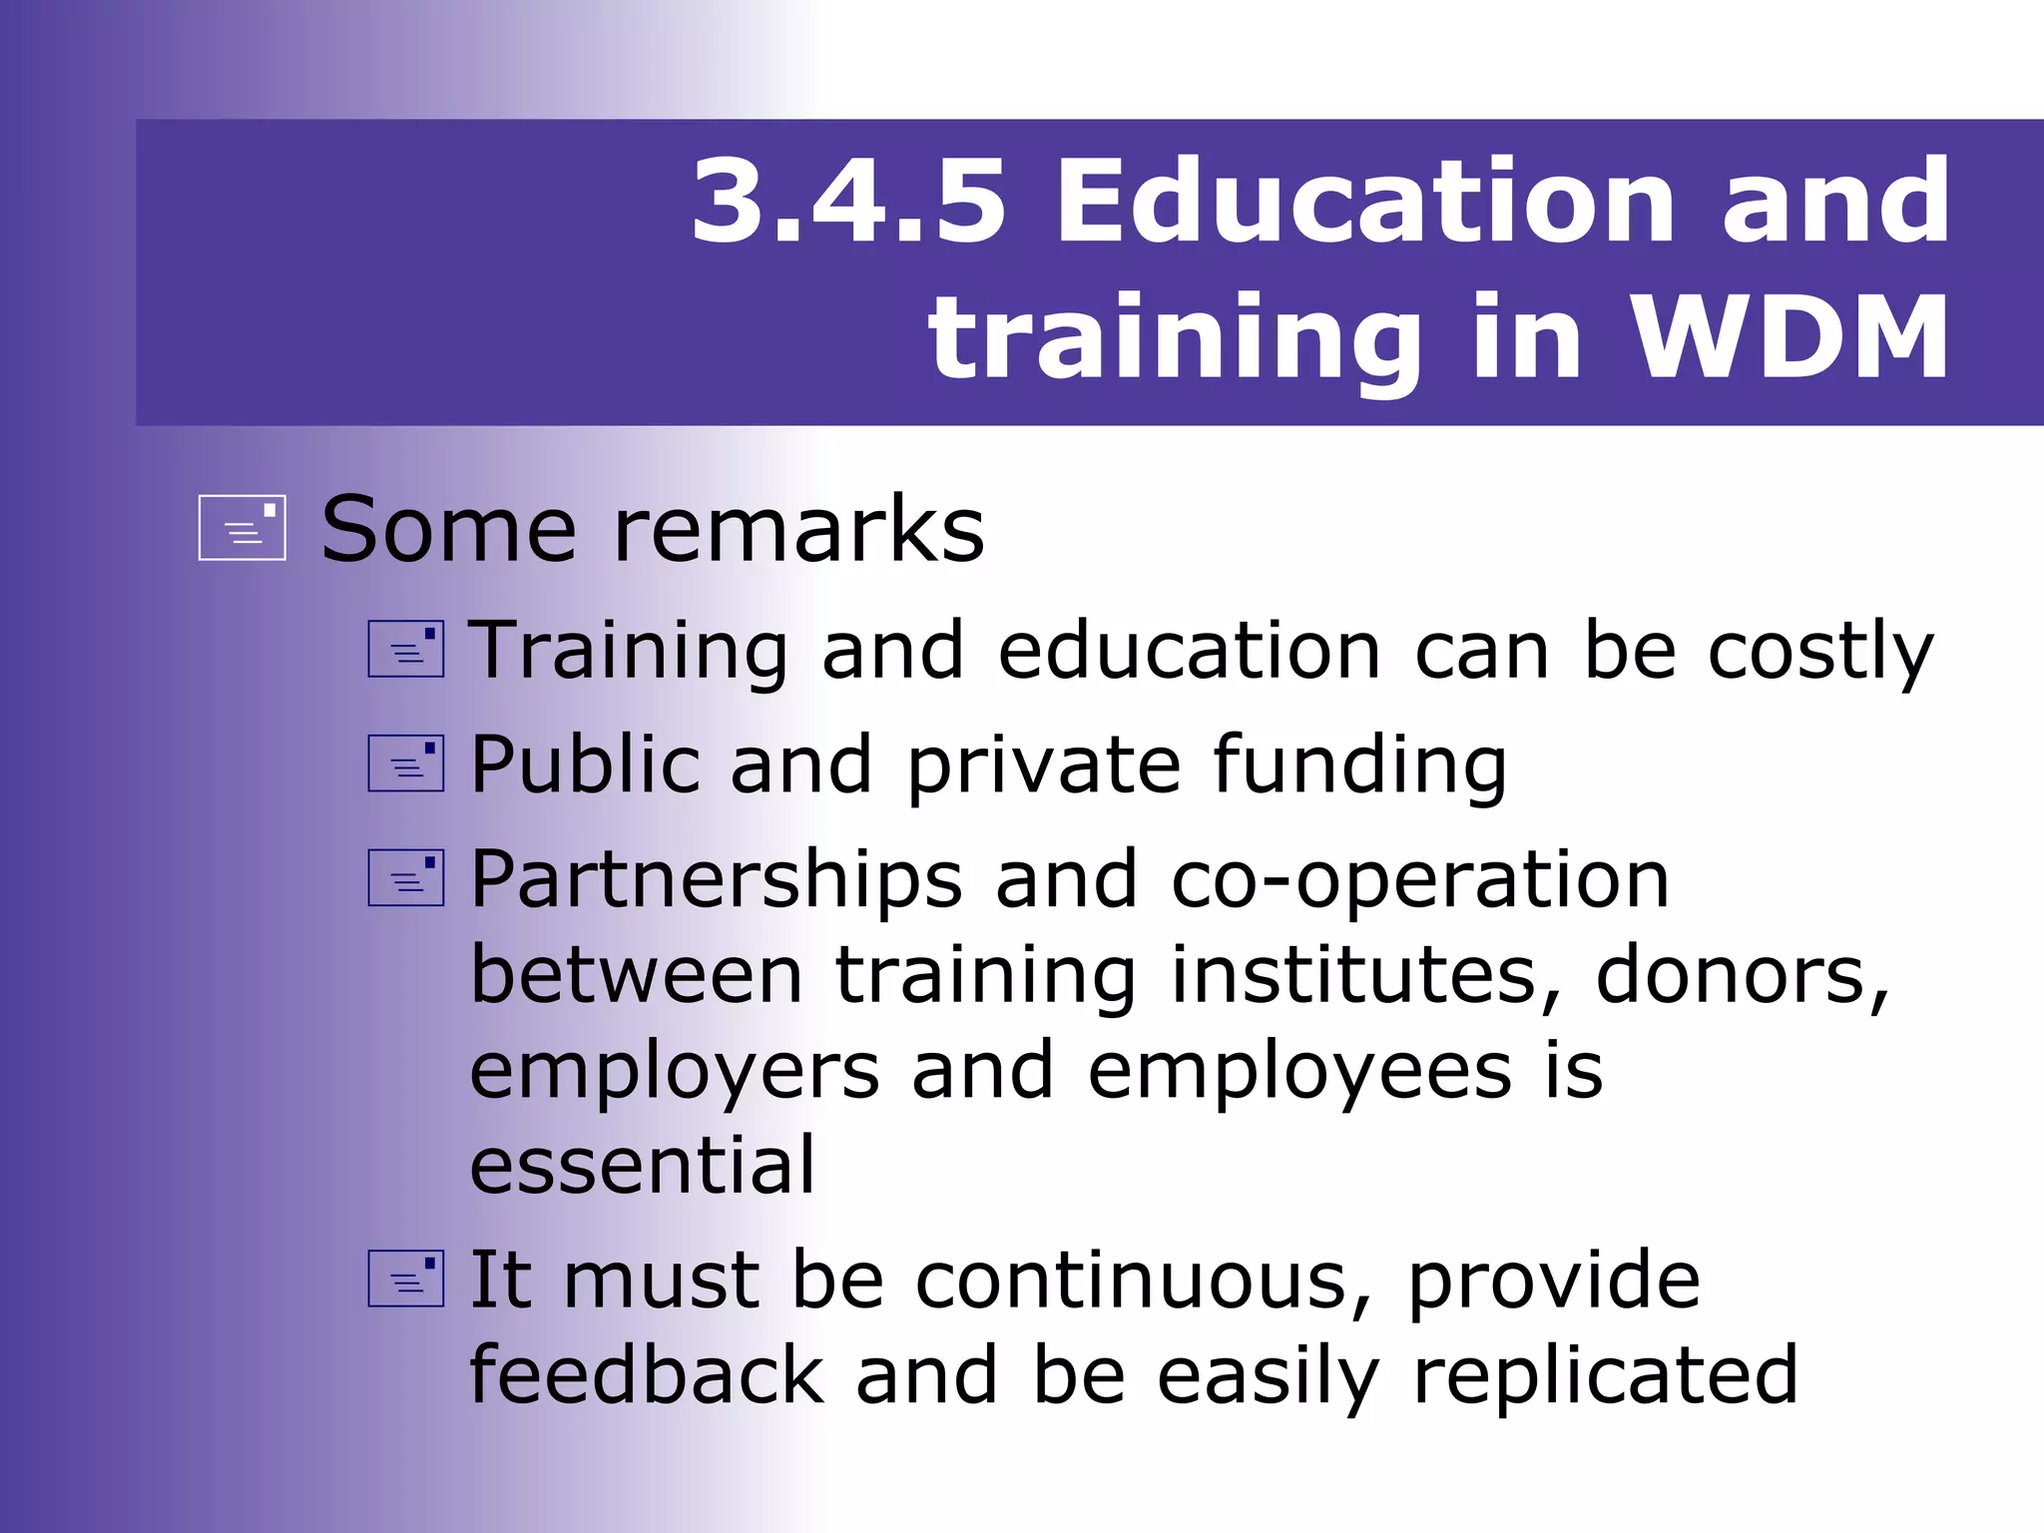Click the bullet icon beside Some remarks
[243, 527]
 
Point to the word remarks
[798, 529]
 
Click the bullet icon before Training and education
[405, 649]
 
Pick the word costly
[1820, 651]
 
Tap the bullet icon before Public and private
[405, 764]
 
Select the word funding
[1359, 766]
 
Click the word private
[1044, 766]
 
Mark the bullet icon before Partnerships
[405, 877]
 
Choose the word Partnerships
[717, 879]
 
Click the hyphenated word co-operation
[1419, 879]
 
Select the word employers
[675, 1071]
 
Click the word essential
[643, 1164]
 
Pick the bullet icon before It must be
[405, 1278]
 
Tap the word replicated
[1605, 1375]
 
